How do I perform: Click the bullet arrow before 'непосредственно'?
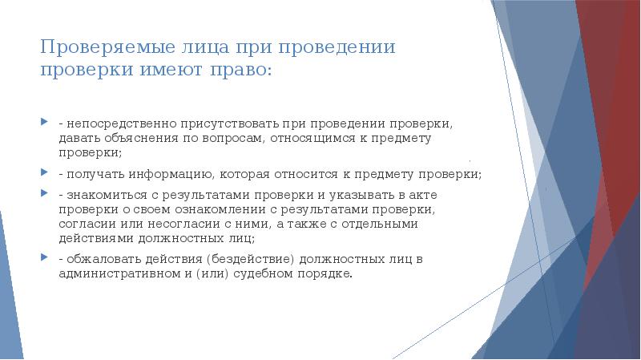[45, 124]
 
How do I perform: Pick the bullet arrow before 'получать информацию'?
[45, 172]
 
